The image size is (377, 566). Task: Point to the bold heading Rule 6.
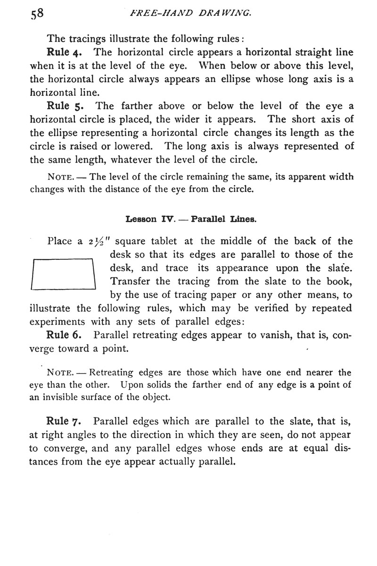(66, 336)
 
